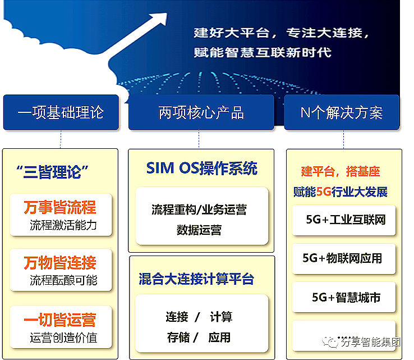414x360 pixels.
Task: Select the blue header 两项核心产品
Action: (x=201, y=112)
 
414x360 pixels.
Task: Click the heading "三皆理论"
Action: (x=53, y=171)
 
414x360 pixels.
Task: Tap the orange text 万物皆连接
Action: (x=60, y=262)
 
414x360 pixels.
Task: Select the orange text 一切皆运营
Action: (x=60, y=320)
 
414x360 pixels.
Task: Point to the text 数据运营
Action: (x=199, y=230)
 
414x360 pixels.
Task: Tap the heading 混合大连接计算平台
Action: (x=196, y=279)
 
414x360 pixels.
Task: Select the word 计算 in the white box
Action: (x=221, y=317)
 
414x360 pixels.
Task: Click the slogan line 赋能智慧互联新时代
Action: (x=263, y=53)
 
